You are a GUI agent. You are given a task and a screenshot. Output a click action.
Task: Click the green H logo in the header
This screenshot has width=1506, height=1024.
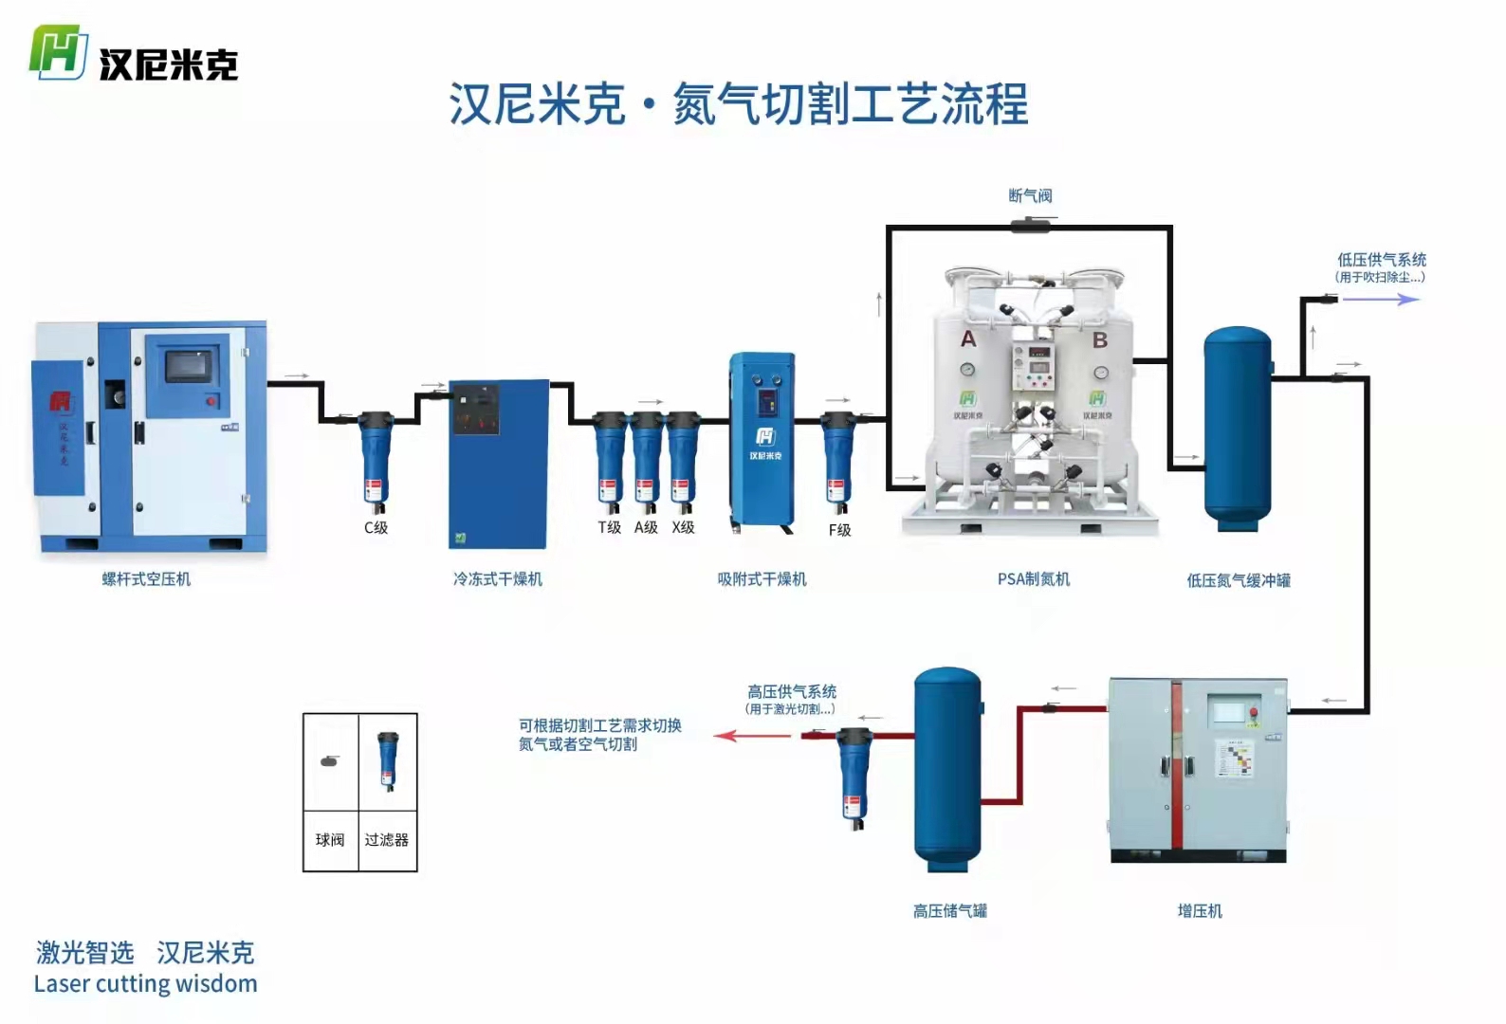coord(59,52)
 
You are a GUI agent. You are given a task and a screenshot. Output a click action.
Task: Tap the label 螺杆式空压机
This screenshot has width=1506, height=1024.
coord(147,579)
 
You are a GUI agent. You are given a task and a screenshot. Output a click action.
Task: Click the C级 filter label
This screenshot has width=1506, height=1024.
coord(376,527)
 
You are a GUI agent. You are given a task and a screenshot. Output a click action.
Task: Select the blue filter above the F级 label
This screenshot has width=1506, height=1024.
coord(837,460)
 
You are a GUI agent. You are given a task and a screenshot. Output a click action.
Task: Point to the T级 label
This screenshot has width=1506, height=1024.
coord(609,527)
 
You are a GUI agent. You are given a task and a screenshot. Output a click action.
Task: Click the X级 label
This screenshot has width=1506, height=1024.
coord(683,527)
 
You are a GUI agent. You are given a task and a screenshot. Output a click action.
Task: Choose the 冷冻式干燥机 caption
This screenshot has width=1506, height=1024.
coord(497,579)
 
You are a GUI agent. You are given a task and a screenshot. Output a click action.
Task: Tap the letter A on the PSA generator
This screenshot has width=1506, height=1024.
coord(968,339)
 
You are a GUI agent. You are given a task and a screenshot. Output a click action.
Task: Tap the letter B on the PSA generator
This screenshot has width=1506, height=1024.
coord(1100,340)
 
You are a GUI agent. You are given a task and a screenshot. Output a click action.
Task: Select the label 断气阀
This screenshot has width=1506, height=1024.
coord(1030,196)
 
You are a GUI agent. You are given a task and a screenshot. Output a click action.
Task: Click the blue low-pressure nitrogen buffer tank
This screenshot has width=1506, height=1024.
coord(1238,427)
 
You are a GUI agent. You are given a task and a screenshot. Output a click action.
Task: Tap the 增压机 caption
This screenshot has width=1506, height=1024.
coord(1200,911)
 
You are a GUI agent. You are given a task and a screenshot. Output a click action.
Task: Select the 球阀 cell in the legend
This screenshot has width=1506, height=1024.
coord(330,840)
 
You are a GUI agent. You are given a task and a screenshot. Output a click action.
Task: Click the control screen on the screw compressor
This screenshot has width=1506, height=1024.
coord(192,366)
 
